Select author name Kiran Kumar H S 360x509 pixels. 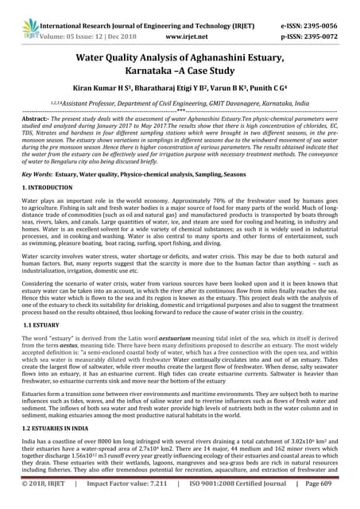tap(113, 94)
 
